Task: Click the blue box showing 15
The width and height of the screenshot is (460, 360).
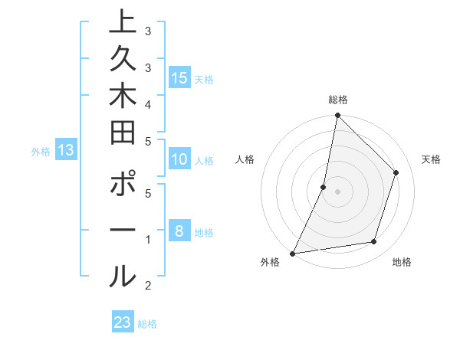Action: click(x=179, y=77)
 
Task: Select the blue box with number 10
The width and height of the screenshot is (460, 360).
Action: click(x=179, y=160)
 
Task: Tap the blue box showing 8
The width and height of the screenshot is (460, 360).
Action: click(x=179, y=231)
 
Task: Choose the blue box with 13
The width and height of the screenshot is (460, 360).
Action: click(x=66, y=150)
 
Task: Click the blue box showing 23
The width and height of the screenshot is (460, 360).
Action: click(x=123, y=322)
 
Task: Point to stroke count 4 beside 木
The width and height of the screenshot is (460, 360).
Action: click(x=147, y=103)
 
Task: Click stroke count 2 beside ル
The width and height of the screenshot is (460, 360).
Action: click(x=147, y=286)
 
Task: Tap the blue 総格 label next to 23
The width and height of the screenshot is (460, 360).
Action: click(x=147, y=324)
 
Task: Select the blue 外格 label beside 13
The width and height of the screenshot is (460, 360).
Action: click(x=41, y=152)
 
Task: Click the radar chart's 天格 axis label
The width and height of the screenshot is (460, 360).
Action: click(x=431, y=159)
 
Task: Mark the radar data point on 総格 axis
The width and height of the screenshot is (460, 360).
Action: click(x=337, y=115)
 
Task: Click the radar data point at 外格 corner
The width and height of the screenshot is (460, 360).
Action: click(x=293, y=253)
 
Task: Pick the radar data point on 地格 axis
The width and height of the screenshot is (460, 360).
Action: click(x=374, y=242)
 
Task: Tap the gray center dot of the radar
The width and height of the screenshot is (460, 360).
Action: click(x=337, y=191)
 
